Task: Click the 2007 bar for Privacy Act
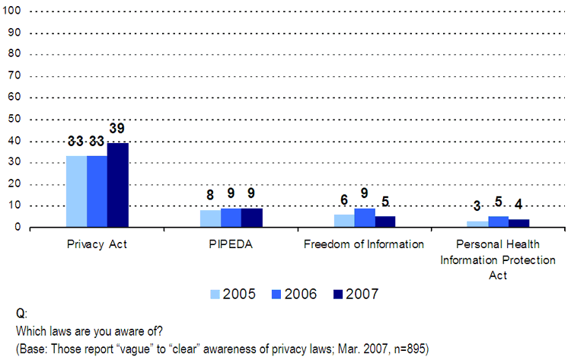117,185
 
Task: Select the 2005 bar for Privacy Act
76,191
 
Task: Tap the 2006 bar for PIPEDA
231,218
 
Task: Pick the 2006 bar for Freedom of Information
365,218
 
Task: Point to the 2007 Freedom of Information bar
385,221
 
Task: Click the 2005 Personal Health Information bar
477,224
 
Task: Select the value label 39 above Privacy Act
116,129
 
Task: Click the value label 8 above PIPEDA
211,195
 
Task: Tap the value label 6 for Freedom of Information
344,199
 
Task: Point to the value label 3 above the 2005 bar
477,205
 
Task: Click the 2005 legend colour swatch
215,294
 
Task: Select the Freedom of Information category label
364,244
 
